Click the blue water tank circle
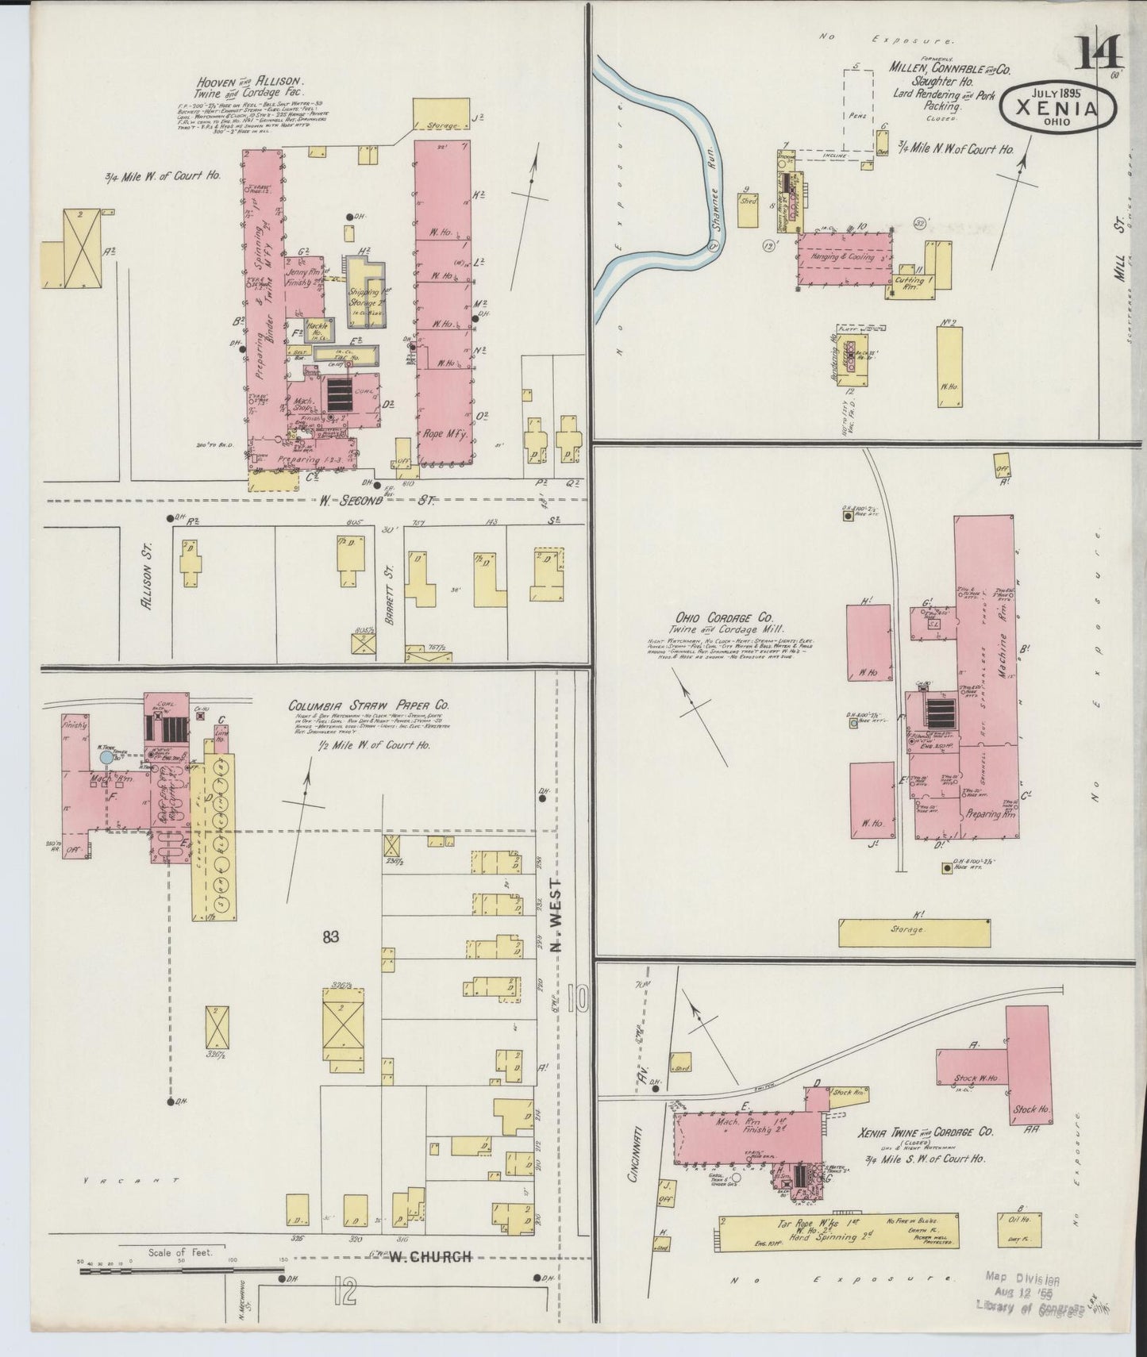tap(106, 758)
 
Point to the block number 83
tap(330, 937)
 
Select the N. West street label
tap(556, 914)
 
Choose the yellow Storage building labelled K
tap(914, 932)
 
